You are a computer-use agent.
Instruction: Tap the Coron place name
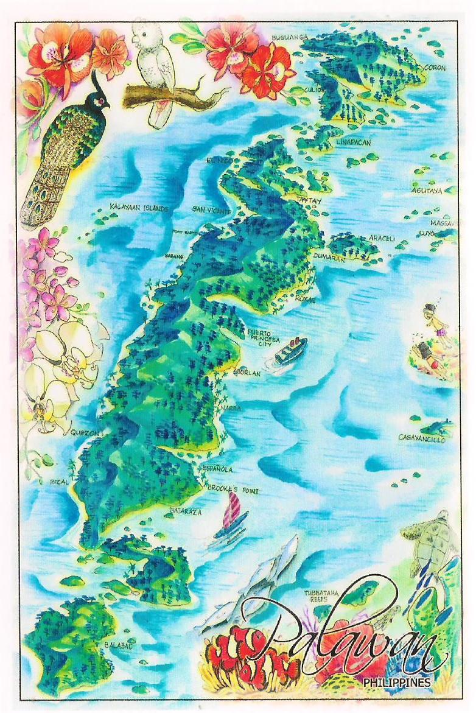(435, 68)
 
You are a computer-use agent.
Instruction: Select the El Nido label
(220, 161)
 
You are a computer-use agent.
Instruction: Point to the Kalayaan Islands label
(138, 208)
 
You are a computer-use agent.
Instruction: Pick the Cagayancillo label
(421, 438)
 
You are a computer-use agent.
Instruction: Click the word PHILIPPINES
(396, 683)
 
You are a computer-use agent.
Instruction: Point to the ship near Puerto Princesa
(290, 351)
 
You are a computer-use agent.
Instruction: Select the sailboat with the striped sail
(231, 516)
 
